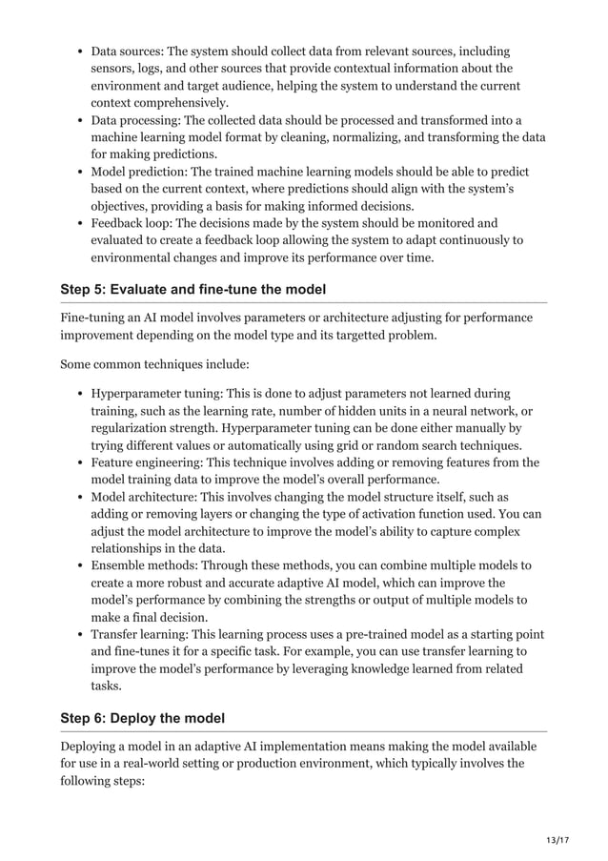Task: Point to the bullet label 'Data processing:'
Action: pyautogui.click(x=141, y=120)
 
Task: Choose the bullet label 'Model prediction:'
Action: pyautogui.click(x=143, y=172)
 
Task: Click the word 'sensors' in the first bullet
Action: pyautogui.click(x=113, y=68)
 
